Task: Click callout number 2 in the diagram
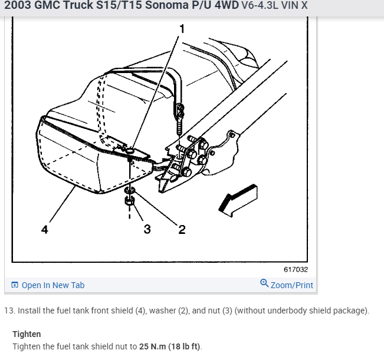coord(182,230)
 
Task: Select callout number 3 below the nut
coord(146,230)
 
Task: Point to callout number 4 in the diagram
coord(45,230)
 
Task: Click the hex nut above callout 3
coord(129,202)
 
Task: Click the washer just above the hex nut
coord(130,190)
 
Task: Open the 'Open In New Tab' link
coord(52,285)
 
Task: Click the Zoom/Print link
coord(291,285)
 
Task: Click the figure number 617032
coord(296,269)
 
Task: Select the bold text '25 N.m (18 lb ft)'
coord(170,346)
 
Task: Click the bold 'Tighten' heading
coord(27,334)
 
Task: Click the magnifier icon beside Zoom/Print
coord(264,284)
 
